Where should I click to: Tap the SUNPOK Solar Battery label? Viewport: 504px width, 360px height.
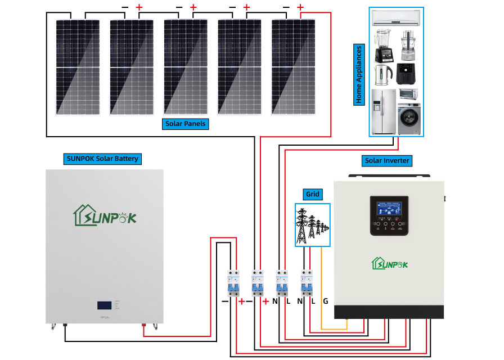click(x=102, y=159)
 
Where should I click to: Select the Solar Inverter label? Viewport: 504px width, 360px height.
click(x=387, y=161)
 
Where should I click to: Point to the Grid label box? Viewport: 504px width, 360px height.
click(x=313, y=195)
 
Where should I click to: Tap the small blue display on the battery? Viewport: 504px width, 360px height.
click(x=105, y=305)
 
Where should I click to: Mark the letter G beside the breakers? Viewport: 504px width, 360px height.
click(x=326, y=301)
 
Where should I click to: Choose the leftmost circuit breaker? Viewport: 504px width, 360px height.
click(x=232, y=283)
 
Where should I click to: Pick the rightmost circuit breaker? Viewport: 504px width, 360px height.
click(x=307, y=283)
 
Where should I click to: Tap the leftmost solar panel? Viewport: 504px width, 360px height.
click(x=71, y=66)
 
